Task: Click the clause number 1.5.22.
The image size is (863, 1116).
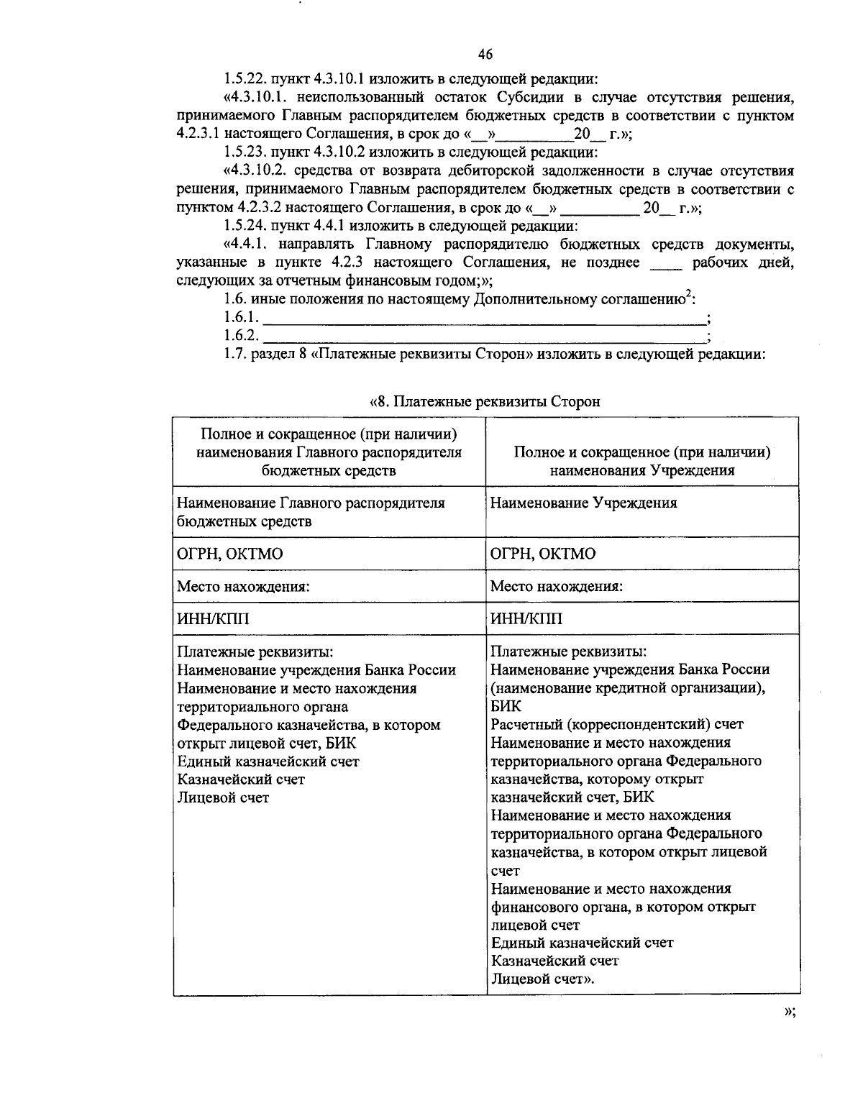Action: (x=246, y=78)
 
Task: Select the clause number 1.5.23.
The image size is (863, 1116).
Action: (x=246, y=152)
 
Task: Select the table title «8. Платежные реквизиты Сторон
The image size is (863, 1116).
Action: (x=485, y=401)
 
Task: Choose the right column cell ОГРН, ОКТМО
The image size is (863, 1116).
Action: (x=543, y=554)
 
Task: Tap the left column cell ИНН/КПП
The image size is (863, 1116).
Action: (x=214, y=618)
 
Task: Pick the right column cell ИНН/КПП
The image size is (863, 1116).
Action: (x=526, y=618)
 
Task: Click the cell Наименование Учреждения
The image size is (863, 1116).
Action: (x=583, y=503)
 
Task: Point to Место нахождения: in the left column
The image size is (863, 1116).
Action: (x=243, y=586)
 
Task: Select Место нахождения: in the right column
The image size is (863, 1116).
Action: (x=556, y=586)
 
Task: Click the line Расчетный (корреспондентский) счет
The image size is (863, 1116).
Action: (x=616, y=724)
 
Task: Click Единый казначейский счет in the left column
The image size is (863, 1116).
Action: (x=268, y=761)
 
